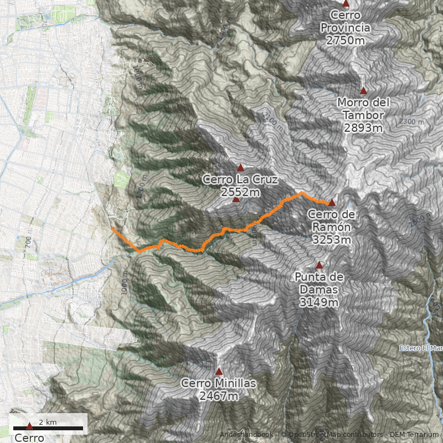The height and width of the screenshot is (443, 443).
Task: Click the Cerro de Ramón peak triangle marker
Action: (x=332, y=203)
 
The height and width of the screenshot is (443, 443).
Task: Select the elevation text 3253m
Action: (x=331, y=240)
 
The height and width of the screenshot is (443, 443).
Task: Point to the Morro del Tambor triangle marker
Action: (x=364, y=91)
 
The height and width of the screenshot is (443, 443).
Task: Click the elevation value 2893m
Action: (x=363, y=128)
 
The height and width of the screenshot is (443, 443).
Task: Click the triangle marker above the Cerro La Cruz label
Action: (x=240, y=167)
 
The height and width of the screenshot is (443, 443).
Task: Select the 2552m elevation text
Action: (x=240, y=192)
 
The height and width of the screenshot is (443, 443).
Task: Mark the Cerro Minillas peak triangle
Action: (x=219, y=372)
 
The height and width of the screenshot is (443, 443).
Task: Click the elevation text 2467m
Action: (x=219, y=396)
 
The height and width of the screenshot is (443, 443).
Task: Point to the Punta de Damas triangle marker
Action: (x=319, y=265)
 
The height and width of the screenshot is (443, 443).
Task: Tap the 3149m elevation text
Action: (x=318, y=302)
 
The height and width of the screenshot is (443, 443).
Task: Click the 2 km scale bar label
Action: (x=48, y=423)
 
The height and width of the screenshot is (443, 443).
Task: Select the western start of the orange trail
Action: (x=112, y=228)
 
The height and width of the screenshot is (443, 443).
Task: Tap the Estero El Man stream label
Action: (x=421, y=348)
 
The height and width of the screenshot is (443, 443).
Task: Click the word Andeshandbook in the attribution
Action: (x=246, y=435)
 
